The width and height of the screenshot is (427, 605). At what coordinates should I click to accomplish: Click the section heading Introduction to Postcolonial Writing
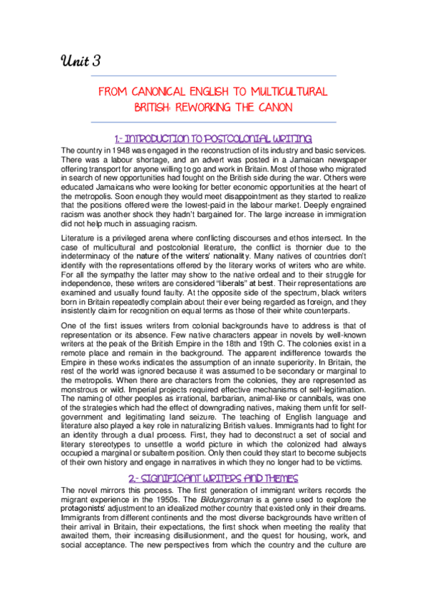tap(213, 137)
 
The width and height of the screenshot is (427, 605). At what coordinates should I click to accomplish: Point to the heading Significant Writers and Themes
tap(213, 477)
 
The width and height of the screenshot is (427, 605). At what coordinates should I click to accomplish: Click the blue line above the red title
tap(213, 76)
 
